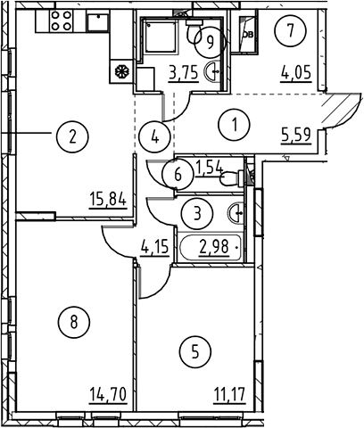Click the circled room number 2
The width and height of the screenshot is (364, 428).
click(72, 137)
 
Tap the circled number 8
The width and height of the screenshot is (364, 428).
click(74, 322)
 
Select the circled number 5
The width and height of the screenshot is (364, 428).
click(195, 352)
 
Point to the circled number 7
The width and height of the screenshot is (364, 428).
click(291, 30)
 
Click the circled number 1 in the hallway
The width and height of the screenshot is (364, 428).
click(235, 124)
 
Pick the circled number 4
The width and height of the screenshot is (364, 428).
click(155, 137)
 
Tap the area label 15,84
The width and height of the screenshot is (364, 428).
click(108, 200)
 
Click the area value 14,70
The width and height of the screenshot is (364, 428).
click(108, 394)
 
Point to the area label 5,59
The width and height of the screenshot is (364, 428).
click(296, 135)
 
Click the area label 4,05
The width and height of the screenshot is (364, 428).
click(296, 72)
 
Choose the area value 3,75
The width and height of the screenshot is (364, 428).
click(184, 73)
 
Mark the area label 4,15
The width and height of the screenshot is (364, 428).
click(154, 246)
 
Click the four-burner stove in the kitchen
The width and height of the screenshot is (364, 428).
click(62, 21)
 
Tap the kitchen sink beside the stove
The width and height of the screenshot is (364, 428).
click(98, 22)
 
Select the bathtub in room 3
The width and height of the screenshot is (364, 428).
click(211, 248)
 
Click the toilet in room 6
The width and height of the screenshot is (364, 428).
click(232, 178)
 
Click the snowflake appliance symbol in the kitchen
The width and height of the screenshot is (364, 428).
click(121, 71)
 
